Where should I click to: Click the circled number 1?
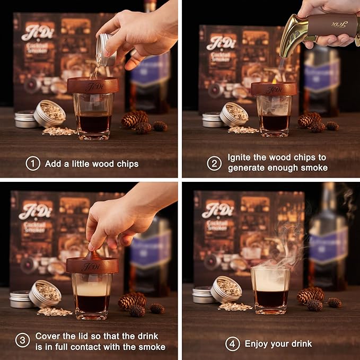pyautogui.click(x=33, y=164)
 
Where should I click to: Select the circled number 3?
pyautogui.click(x=22, y=341)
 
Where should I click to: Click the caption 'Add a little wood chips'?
pyautogui.click(x=92, y=164)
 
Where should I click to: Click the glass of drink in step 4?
pyautogui.click(x=270, y=289)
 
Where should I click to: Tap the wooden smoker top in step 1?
pyautogui.click(x=92, y=85)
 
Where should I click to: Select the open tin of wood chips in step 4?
pyautogui.click(x=227, y=289)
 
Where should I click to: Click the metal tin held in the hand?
pyautogui.click(x=106, y=50)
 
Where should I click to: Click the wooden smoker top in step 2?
pyautogui.click(x=274, y=89)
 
